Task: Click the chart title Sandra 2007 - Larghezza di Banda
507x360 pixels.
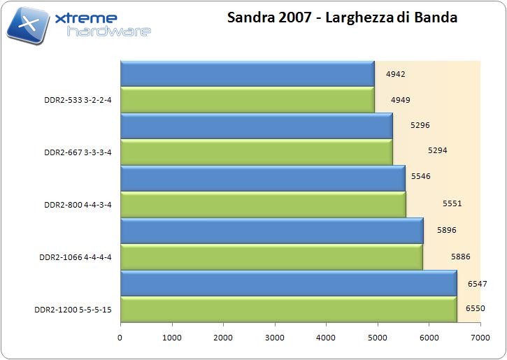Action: pyautogui.click(x=342, y=18)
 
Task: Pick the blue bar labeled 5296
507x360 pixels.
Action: pyautogui.click(x=256, y=126)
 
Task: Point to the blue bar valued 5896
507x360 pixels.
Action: pyautogui.click(x=271, y=230)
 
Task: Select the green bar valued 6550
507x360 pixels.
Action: pyautogui.click(x=288, y=308)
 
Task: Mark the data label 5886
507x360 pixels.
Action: pyautogui.click(x=461, y=257)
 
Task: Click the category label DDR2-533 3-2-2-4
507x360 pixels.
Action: pyautogui.click(x=78, y=99)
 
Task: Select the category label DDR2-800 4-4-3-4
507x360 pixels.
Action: pyautogui.click(x=78, y=204)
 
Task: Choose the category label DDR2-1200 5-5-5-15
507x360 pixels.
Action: pyautogui.click(x=73, y=308)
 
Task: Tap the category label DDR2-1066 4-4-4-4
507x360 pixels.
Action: pyautogui.click(x=76, y=257)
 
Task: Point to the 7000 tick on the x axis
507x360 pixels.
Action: pyautogui.click(x=480, y=338)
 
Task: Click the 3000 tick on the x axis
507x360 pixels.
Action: pyautogui.click(x=275, y=338)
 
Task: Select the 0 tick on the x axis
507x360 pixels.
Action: pyautogui.click(x=120, y=338)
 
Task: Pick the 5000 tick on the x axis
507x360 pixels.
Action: pyautogui.click(x=378, y=338)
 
